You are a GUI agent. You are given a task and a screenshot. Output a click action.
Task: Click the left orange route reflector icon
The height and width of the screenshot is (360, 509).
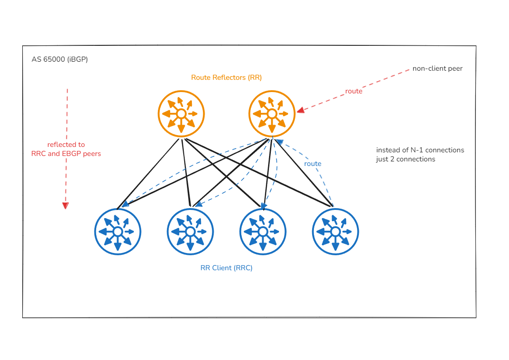point(181,113)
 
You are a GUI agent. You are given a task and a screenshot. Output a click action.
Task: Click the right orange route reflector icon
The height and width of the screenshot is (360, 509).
point(272,113)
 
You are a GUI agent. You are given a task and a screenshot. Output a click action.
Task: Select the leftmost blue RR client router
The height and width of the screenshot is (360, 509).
point(117,231)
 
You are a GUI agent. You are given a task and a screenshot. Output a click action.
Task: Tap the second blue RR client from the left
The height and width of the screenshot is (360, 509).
point(190,231)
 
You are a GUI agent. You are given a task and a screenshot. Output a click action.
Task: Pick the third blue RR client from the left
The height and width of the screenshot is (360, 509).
point(263,231)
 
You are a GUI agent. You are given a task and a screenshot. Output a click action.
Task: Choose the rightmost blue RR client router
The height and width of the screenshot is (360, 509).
point(335,231)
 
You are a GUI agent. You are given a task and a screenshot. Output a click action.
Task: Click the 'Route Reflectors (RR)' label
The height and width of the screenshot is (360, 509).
point(226,78)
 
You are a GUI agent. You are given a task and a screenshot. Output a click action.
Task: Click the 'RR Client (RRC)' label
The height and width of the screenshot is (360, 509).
point(226,268)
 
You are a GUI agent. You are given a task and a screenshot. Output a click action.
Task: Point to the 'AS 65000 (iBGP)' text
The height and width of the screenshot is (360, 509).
point(59,59)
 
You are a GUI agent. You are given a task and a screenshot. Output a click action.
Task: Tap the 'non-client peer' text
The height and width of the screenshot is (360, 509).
point(437,69)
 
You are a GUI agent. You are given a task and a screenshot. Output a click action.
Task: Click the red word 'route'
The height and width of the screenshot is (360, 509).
point(354,91)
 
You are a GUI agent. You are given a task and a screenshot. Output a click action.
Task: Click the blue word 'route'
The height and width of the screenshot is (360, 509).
point(313,164)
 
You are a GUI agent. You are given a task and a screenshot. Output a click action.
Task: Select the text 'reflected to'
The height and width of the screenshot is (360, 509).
point(66,145)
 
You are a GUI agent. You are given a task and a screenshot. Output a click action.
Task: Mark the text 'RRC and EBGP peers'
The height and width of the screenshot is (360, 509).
point(66,154)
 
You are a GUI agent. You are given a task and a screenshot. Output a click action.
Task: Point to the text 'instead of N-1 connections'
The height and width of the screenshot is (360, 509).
point(420,150)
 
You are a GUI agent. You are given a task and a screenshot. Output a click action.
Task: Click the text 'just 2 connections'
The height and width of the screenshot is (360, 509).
point(406,159)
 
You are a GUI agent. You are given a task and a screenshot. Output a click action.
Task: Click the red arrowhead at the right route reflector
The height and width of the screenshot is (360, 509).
point(300,110)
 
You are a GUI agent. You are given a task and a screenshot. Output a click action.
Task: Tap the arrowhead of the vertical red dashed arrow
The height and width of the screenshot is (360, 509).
point(65,205)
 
